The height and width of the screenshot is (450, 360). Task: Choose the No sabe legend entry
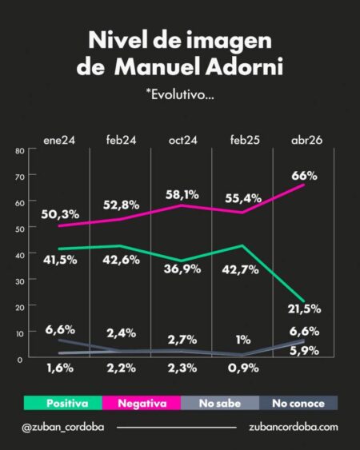click(x=219, y=403)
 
